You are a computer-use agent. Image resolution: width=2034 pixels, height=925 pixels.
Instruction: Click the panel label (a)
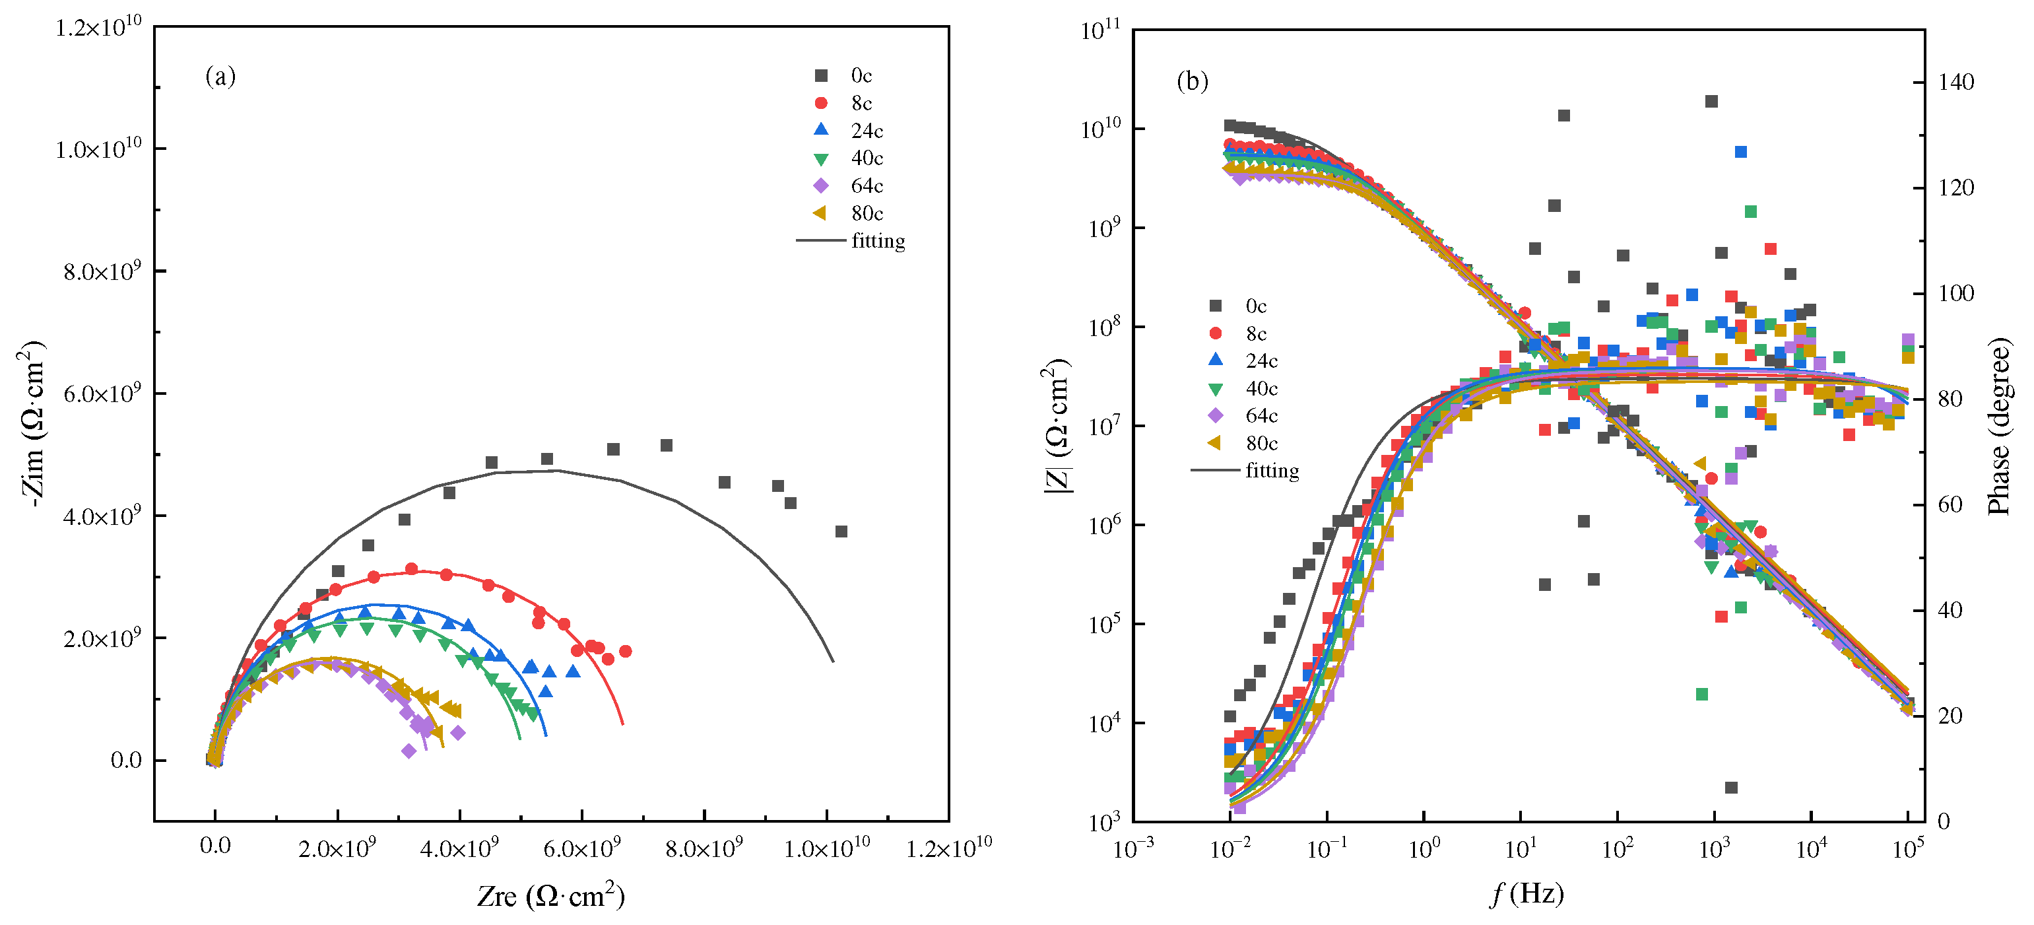(220, 77)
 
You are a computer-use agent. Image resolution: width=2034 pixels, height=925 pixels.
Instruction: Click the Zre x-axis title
(550, 896)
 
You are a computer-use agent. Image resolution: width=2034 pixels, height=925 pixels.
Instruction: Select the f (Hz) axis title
(1527, 893)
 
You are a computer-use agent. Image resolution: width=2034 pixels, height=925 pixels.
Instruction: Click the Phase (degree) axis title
(1998, 427)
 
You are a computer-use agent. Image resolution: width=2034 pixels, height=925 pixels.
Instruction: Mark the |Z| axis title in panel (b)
(1057, 427)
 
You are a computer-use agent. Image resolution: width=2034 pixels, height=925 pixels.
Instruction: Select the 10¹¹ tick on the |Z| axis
(1100, 32)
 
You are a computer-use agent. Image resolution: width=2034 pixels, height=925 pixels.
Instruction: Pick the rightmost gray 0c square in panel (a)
(841, 531)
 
